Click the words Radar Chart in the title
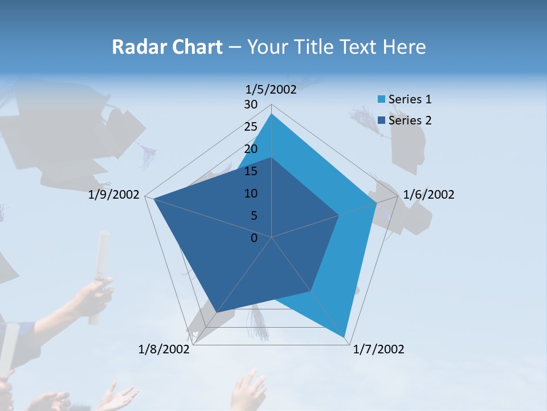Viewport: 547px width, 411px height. [x=167, y=47]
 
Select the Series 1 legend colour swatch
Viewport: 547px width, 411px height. [x=381, y=99]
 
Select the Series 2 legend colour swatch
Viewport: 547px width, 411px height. [x=381, y=120]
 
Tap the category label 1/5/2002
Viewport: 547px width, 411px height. [x=271, y=90]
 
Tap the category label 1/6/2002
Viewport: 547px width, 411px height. [x=428, y=195]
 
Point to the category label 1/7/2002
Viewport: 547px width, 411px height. [x=378, y=349]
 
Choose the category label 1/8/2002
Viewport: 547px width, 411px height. [x=164, y=349]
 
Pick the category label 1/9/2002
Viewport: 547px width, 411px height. [x=114, y=195]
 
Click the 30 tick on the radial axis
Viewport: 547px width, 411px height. [x=251, y=104]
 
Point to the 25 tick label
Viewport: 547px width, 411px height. [x=251, y=127]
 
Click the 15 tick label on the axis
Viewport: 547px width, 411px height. [x=251, y=171]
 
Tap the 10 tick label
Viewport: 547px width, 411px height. [x=251, y=194]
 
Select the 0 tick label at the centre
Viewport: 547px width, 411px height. [x=254, y=238]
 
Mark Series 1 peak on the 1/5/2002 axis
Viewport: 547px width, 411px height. [x=272, y=114]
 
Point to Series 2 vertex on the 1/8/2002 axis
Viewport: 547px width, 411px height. [x=217, y=312]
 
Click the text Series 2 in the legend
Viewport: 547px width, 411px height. [x=410, y=120]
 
